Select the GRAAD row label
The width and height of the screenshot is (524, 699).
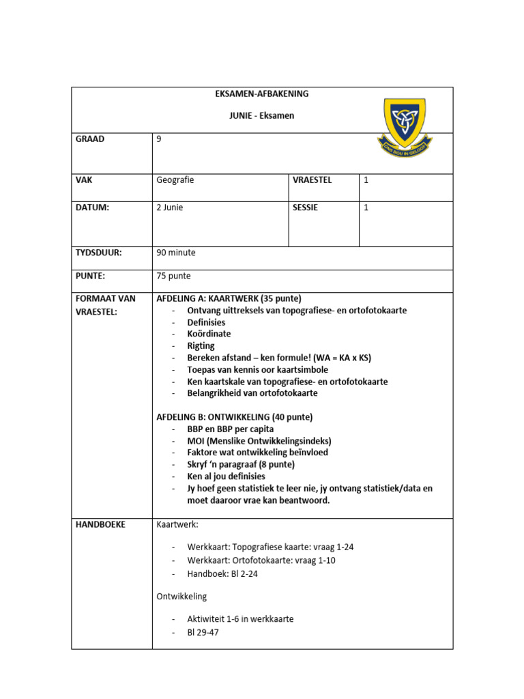[x=90, y=139]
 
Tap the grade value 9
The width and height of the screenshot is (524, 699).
[x=159, y=139]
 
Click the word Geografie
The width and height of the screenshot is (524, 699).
[x=175, y=180]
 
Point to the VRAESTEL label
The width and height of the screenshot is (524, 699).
[x=312, y=180]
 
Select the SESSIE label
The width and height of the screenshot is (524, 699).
[x=305, y=208]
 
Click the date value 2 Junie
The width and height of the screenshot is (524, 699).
[x=170, y=208]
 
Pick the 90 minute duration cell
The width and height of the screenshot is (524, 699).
[x=176, y=253]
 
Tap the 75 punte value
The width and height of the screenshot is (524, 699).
[x=174, y=276]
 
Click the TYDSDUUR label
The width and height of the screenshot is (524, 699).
[x=98, y=253]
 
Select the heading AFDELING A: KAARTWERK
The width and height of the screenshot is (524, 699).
[x=229, y=298]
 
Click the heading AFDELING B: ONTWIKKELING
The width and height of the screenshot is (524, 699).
[x=235, y=417]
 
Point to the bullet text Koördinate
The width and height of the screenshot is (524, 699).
[x=209, y=334]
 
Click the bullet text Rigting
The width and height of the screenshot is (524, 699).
[x=201, y=346]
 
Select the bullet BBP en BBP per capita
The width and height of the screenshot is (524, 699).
[x=231, y=429]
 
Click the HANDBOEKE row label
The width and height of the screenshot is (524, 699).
[x=100, y=524]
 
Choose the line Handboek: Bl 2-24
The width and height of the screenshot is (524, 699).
[x=222, y=573]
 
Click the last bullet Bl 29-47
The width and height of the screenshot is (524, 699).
[x=203, y=631]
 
